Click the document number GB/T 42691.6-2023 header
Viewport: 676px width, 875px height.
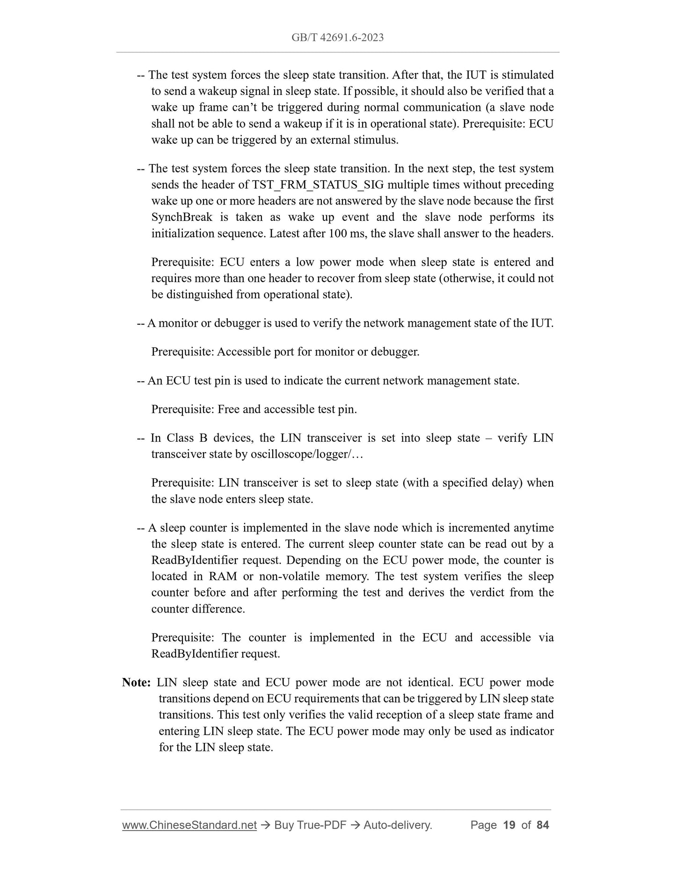pyautogui.click(x=337, y=37)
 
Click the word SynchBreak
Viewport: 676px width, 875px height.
pyautogui.click(x=182, y=217)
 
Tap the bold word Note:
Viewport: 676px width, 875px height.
pyautogui.click(x=136, y=682)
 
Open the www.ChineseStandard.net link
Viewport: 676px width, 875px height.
pyautogui.click(x=189, y=825)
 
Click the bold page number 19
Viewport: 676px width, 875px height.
pyautogui.click(x=509, y=825)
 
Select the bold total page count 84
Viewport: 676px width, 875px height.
pyautogui.click(x=543, y=825)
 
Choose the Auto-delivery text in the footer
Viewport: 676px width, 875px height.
pyautogui.click(x=397, y=825)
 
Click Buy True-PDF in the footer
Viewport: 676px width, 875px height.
pyautogui.click(x=310, y=825)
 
